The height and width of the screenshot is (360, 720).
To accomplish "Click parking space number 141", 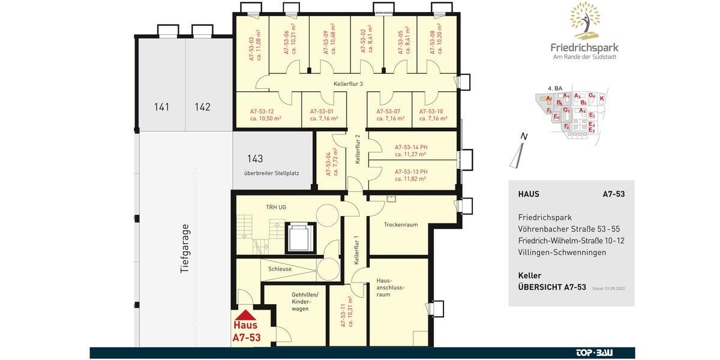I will (x=161, y=107).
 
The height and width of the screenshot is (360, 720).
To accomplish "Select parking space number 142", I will (x=203, y=107).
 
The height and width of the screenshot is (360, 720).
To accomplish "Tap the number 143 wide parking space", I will (x=255, y=159).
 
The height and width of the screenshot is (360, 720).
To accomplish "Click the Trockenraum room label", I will (x=401, y=224).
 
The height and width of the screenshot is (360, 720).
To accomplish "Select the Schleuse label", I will (x=280, y=269).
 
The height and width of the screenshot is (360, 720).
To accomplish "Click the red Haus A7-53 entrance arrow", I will (x=247, y=314).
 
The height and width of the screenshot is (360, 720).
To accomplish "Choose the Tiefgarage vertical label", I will (x=185, y=249).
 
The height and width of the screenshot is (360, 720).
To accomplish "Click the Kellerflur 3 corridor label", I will (x=349, y=84).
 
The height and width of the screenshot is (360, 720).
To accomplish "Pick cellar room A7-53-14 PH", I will (x=411, y=150).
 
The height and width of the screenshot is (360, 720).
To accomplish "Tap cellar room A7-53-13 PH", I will (x=411, y=175).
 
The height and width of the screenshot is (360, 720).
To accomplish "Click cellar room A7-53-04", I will (x=332, y=163).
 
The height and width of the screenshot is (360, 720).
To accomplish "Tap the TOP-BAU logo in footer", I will (x=595, y=353).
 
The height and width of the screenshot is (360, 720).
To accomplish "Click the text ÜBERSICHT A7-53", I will (x=551, y=287).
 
